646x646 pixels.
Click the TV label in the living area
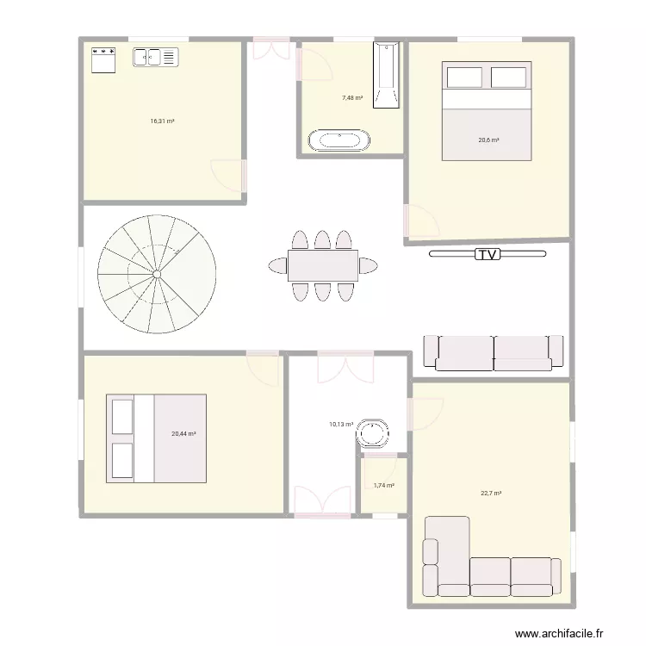coord(488,254)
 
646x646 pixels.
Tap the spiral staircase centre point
coord(157,274)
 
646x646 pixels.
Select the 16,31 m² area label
coord(162,121)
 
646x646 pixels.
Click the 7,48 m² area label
coord(351,98)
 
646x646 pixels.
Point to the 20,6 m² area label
coord(489,140)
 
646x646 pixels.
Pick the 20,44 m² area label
coord(183,434)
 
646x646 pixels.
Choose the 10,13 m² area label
coord(341,424)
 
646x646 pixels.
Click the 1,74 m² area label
coord(384,486)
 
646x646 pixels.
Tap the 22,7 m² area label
coord(491,494)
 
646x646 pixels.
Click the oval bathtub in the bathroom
coord(339,140)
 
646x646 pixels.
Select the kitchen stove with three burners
coord(103,58)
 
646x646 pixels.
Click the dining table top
coord(323,265)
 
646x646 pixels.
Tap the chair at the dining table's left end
coord(277,265)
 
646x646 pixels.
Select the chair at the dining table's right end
coord(369,265)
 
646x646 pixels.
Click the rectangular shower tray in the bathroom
coord(387,76)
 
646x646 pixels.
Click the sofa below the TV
coord(493,352)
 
